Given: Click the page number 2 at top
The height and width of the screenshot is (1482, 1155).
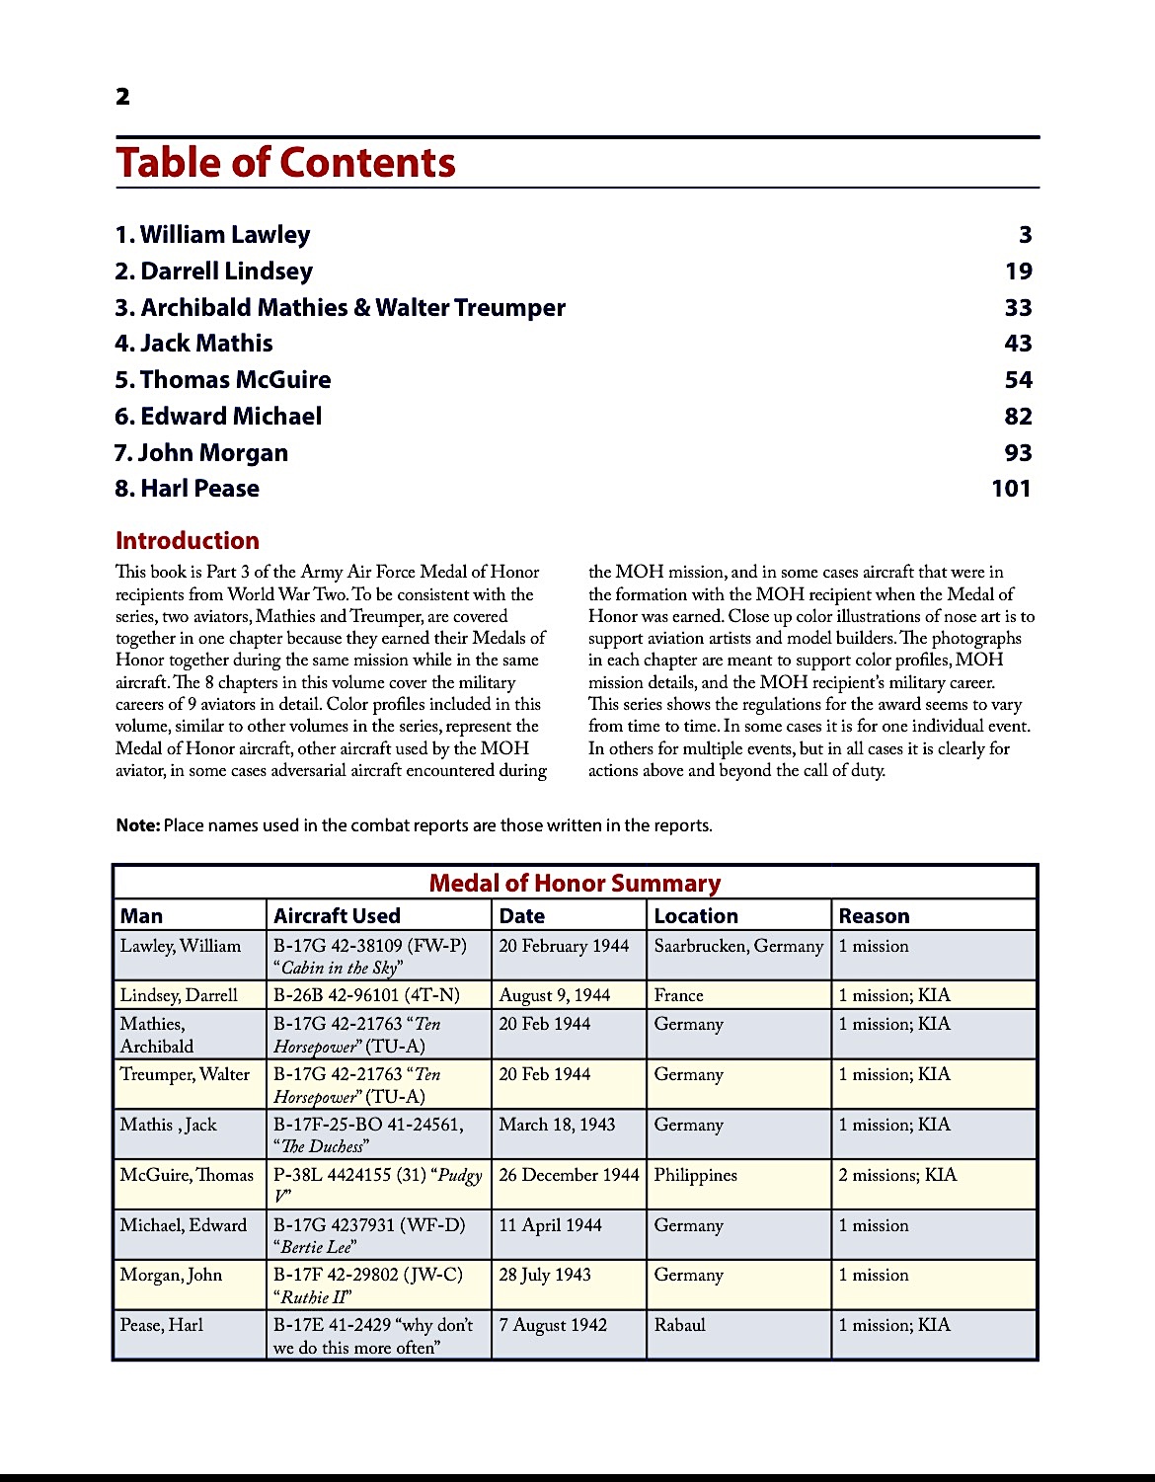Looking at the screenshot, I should tap(122, 97).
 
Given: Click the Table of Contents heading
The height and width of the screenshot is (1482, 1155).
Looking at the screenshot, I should tap(285, 163).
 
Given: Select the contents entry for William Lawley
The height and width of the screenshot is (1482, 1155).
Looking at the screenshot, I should tap(212, 235).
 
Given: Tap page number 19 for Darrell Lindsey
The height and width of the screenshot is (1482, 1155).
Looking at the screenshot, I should tap(1018, 272).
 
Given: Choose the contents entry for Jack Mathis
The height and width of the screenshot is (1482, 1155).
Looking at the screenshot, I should tap(193, 344).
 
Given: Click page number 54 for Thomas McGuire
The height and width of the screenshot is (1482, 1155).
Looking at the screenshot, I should tap(1018, 380).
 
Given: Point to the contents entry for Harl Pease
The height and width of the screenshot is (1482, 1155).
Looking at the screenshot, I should tap(187, 489).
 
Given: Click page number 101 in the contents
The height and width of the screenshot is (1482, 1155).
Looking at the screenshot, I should tap(1011, 489).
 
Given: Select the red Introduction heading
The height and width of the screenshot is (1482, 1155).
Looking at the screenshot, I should tap(188, 541).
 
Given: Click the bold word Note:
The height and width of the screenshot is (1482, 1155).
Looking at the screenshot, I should tap(137, 825).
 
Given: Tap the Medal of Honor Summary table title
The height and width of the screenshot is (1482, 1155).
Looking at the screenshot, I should tap(575, 883).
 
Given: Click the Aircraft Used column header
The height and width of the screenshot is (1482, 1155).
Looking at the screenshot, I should tap(337, 916).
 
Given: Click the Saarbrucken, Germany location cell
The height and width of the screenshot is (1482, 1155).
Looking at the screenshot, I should tap(738, 946).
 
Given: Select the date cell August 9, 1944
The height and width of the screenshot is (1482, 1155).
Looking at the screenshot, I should tap(554, 995).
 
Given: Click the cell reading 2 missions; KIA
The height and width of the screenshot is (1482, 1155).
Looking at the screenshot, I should tap(897, 1175).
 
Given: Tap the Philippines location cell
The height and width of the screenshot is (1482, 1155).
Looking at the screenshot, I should tap(695, 1175).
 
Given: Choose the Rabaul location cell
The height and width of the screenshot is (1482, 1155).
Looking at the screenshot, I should tap(679, 1325).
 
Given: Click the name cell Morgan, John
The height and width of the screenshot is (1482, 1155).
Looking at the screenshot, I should tap(171, 1275).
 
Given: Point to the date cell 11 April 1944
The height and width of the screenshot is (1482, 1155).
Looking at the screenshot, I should tap(550, 1225).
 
